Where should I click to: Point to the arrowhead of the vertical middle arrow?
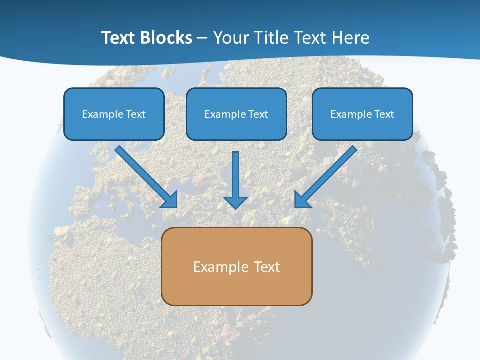(x=236, y=202)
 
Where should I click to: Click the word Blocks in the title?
(x=167, y=38)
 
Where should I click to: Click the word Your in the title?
(x=230, y=38)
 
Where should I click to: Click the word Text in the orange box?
(x=267, y=267)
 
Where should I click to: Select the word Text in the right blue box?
(x=384, y=114)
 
